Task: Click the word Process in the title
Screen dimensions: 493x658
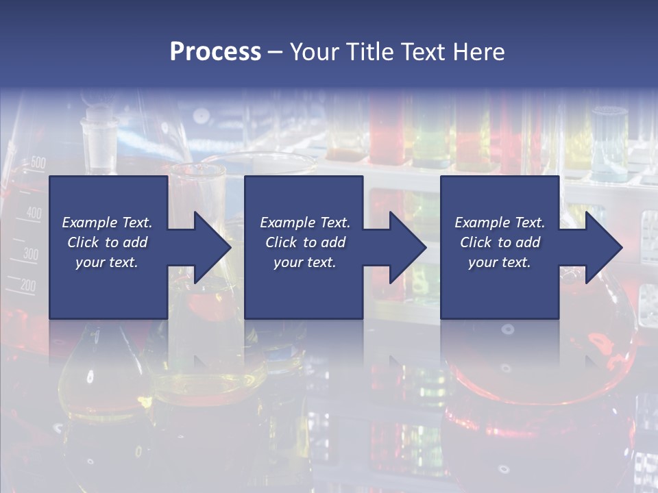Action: (215, 52)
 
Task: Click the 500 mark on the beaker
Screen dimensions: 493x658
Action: (38, 163)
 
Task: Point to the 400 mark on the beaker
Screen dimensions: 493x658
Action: (34, 213)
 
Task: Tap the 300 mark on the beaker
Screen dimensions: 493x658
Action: (30, 254)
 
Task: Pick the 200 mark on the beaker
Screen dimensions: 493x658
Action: (27, 286)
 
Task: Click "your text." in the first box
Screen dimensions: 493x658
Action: (107, 262)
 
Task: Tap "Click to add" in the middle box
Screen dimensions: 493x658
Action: (305, 242)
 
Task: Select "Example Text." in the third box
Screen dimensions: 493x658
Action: (500, 223)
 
